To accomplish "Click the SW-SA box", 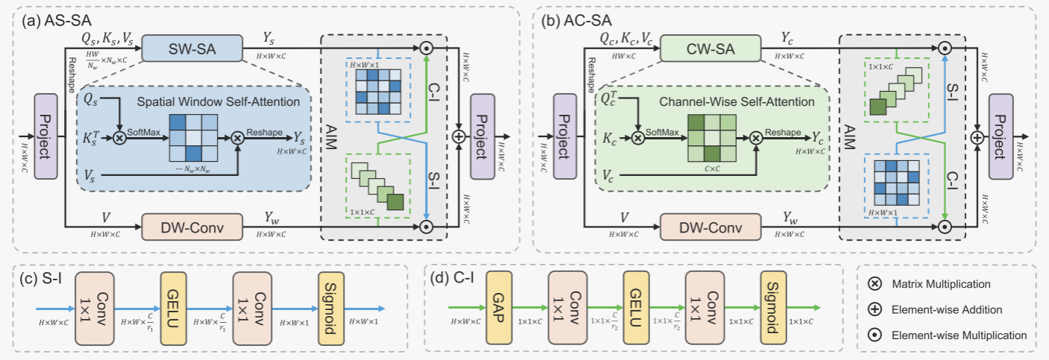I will coord(192,48).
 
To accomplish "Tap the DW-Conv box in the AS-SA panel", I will coord(192,225).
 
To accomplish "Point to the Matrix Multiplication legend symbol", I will coord(877,284).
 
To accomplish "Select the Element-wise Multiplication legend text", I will coord(958,335).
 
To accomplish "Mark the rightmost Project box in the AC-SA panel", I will coord(1002,136).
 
